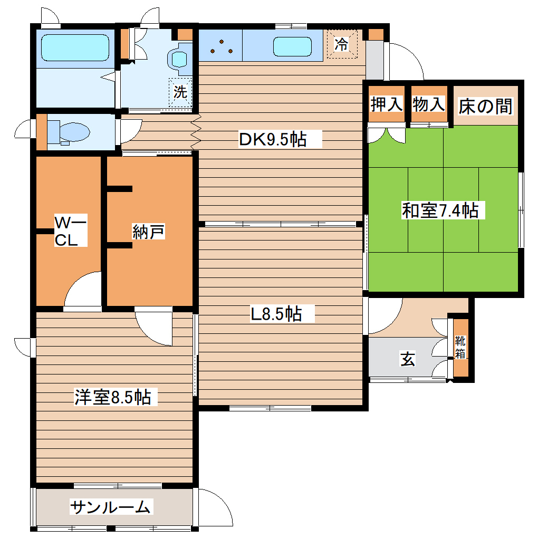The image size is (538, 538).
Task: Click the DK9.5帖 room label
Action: tap(273, 140)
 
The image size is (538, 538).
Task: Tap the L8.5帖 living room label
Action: tap(275, 314)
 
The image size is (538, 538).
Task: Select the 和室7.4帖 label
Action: tap(440, 210)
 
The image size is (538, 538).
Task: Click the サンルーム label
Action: tap(111, 507)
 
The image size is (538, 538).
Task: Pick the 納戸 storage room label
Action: tap(148, 232)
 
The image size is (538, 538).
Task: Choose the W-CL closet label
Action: tap(70, 232)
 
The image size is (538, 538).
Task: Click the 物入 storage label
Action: tap(429, 104)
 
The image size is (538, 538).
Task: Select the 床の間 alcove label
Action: tap(485, 106)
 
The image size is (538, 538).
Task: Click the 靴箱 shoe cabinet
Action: tap(460, 348)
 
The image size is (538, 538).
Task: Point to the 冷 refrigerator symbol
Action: tap(342, 44)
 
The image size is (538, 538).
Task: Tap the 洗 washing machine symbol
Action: tap(180, 93)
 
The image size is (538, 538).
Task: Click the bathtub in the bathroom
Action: tap(75, 48)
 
